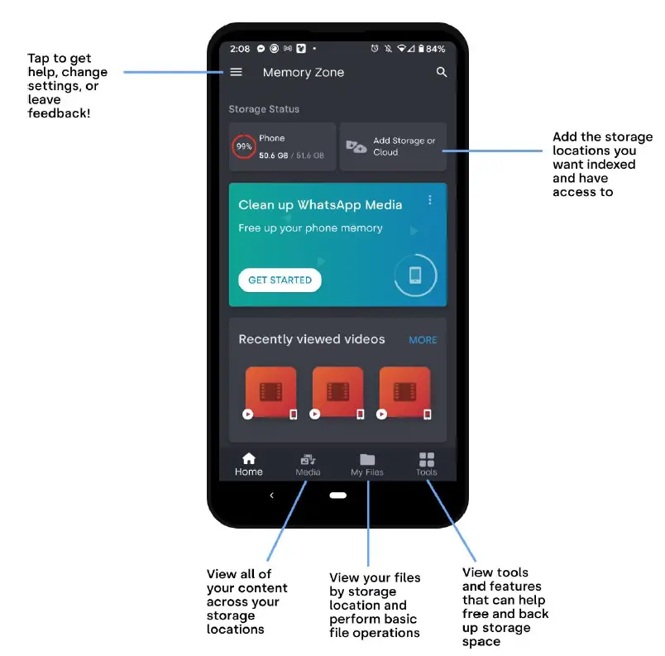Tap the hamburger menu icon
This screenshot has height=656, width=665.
click(237, 72)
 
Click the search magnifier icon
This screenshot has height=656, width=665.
click(442, 72)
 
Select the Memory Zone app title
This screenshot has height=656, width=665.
click(303, 73)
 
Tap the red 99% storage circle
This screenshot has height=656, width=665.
click(244, 146)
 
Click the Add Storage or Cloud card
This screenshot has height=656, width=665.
click(393, 146)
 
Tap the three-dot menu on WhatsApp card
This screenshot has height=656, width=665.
click(430, 200)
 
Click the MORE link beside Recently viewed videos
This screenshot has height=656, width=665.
click(423, 340)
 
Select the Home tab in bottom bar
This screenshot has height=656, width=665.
click(248, 464)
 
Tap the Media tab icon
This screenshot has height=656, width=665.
click(308, 460)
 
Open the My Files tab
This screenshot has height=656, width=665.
click(367, 464)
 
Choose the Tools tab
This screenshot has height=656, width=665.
click(427, 464)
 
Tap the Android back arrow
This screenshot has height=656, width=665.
click(271, 496)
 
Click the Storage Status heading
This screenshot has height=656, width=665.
click(264, 109)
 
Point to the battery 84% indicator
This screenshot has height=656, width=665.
click(432, 49)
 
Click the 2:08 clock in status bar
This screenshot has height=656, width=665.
click(240, 49)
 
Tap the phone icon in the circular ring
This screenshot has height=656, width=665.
click(415, 275)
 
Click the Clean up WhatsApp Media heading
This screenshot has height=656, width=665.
click(320, 205)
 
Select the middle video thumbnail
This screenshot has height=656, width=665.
click(337, 391)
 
